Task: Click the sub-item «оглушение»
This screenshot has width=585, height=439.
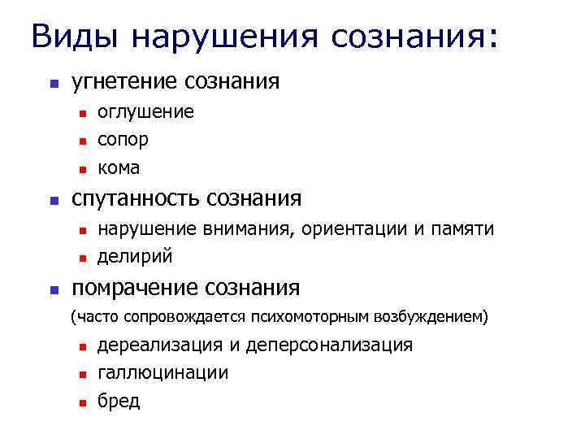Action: pos(145,111)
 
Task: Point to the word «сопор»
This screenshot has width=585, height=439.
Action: pos(123,140)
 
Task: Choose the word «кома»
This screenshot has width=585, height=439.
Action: pos(119,168)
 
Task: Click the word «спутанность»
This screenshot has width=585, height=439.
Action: pos(136,198)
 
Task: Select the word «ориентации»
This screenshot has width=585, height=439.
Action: pos(354,229)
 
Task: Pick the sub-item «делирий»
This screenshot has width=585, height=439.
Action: pos(135,258)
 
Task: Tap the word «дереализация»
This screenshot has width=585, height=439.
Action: pos(160,345)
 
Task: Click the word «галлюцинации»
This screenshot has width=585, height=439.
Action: pos(162,373)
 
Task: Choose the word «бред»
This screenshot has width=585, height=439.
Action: pos(119,402)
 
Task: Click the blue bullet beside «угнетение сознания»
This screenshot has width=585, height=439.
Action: pos(53,83)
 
